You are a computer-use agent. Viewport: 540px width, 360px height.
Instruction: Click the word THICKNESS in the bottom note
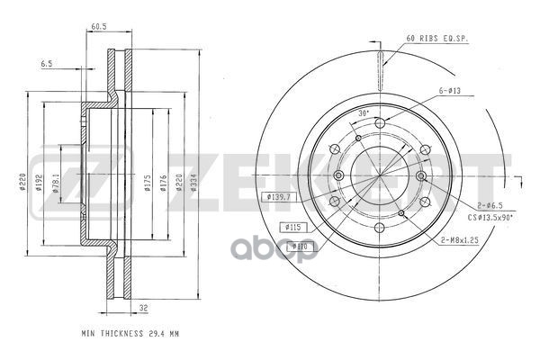[121, 333]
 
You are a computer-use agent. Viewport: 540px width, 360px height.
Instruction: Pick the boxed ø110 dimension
[298, 244]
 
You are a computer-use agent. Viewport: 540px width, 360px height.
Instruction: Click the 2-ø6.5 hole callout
[490, 206]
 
